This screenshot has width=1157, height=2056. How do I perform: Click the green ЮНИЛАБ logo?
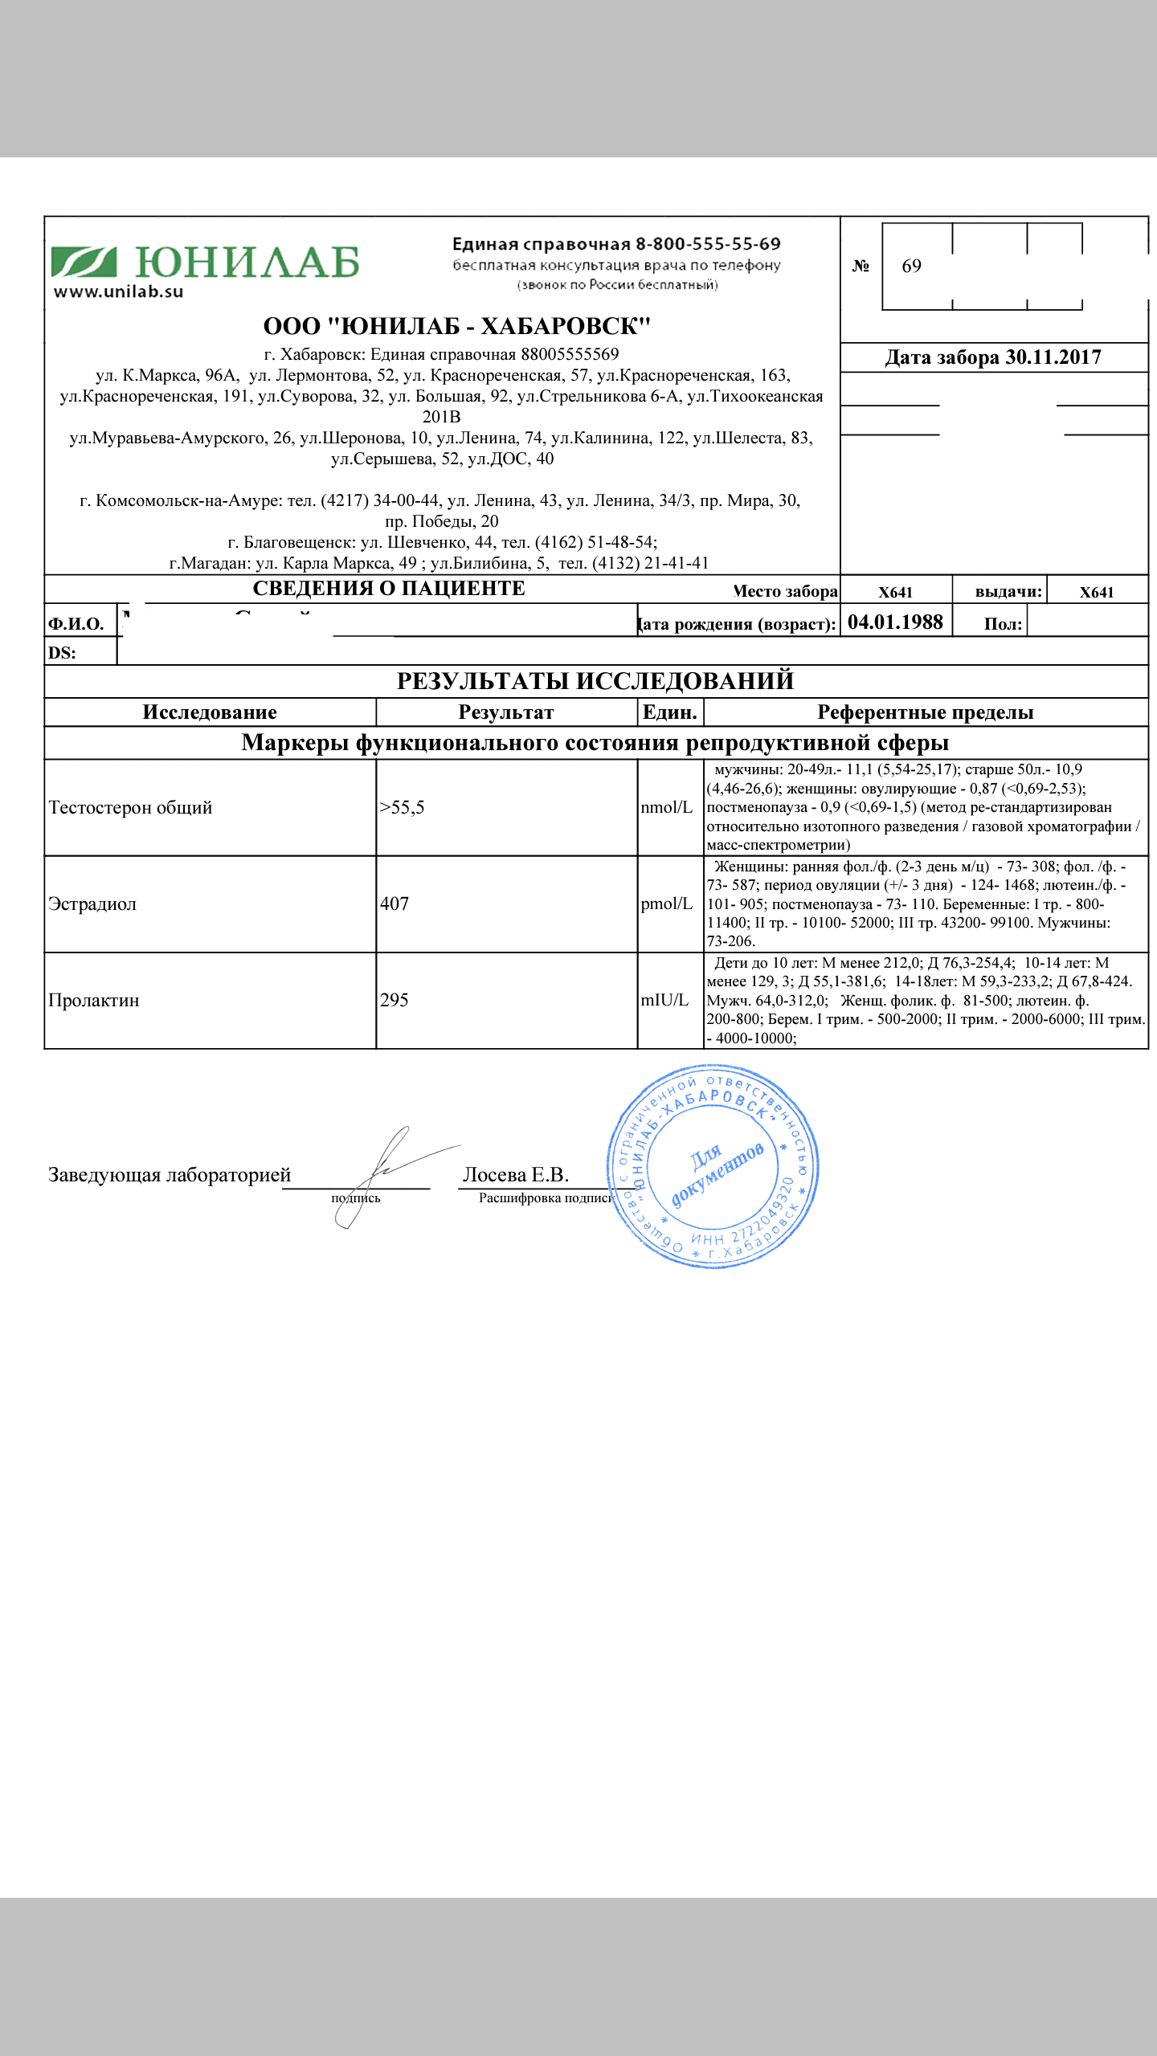coord(205,263)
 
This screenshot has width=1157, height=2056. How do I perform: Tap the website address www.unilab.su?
coord(118,292)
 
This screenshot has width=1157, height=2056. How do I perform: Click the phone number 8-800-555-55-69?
coord(708,243)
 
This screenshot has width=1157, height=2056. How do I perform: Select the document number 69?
coord(911,267)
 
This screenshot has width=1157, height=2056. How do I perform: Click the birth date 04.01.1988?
coord(895,622)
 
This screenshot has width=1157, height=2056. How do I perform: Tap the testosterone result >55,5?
coord(402,808)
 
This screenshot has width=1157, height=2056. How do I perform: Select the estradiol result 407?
coord(395,904)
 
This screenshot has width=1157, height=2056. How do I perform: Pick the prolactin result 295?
coord(395,1001)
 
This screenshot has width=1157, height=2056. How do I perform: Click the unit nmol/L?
coord(666,808)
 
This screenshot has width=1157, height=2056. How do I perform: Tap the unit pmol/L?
coord(666,904)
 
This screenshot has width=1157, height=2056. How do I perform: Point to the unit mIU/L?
coord(664,1001)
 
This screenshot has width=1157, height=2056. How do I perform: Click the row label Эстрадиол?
coord(92,904)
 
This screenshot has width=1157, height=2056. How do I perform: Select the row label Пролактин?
coord(94,1001)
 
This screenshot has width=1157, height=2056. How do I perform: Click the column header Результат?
coord(506,712)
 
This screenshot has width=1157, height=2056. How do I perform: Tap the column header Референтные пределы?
coord(926,712)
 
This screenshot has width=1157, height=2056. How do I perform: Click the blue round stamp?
coord(713,1167)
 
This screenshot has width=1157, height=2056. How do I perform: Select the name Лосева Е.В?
coord(516,1175)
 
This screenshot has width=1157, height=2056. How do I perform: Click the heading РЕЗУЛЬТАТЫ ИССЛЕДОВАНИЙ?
coord(595,681)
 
